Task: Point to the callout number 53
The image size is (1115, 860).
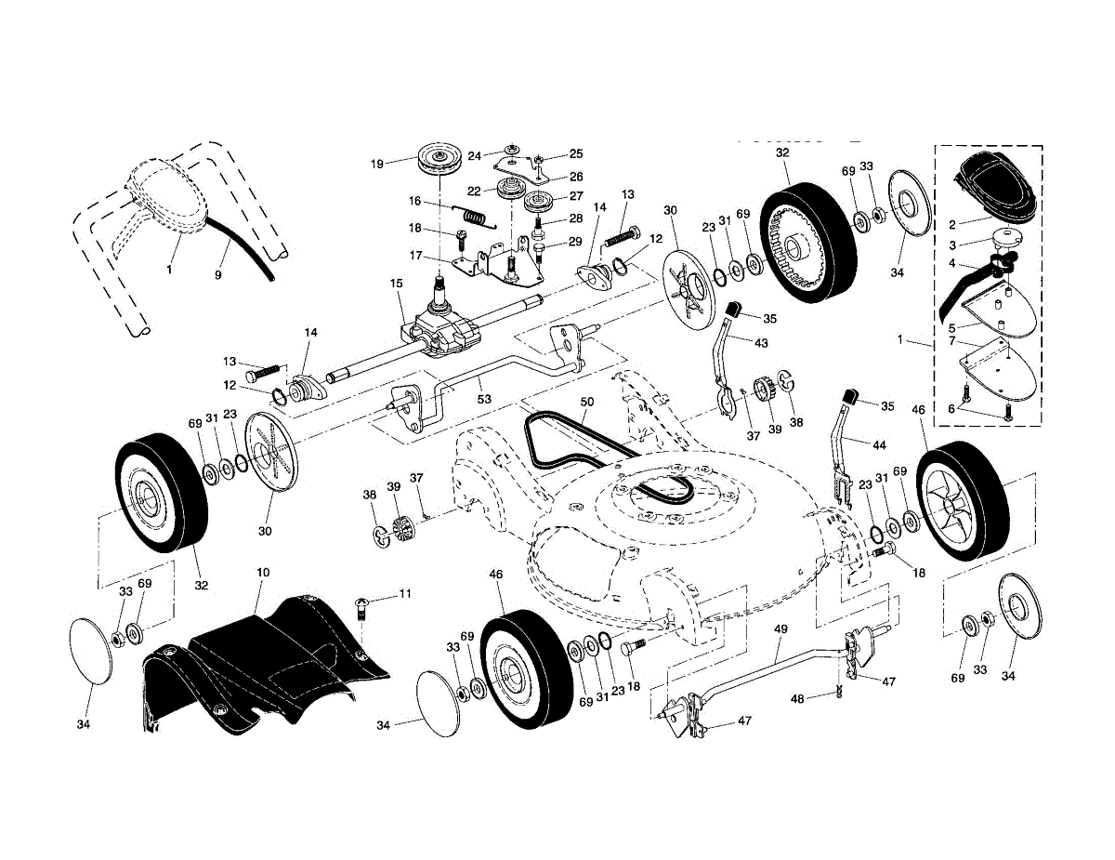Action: [484, 399]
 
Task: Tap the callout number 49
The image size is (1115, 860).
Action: [780, 628]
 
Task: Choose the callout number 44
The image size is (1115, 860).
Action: [879, 444]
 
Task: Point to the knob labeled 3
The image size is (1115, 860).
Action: [1007, 240]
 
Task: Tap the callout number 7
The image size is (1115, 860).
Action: [951, 340]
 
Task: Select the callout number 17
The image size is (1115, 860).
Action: [415, 255]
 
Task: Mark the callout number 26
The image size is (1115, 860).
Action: [576, 177]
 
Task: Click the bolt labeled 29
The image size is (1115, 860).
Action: [539, 253]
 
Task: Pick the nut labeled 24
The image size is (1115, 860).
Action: [510, 149]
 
